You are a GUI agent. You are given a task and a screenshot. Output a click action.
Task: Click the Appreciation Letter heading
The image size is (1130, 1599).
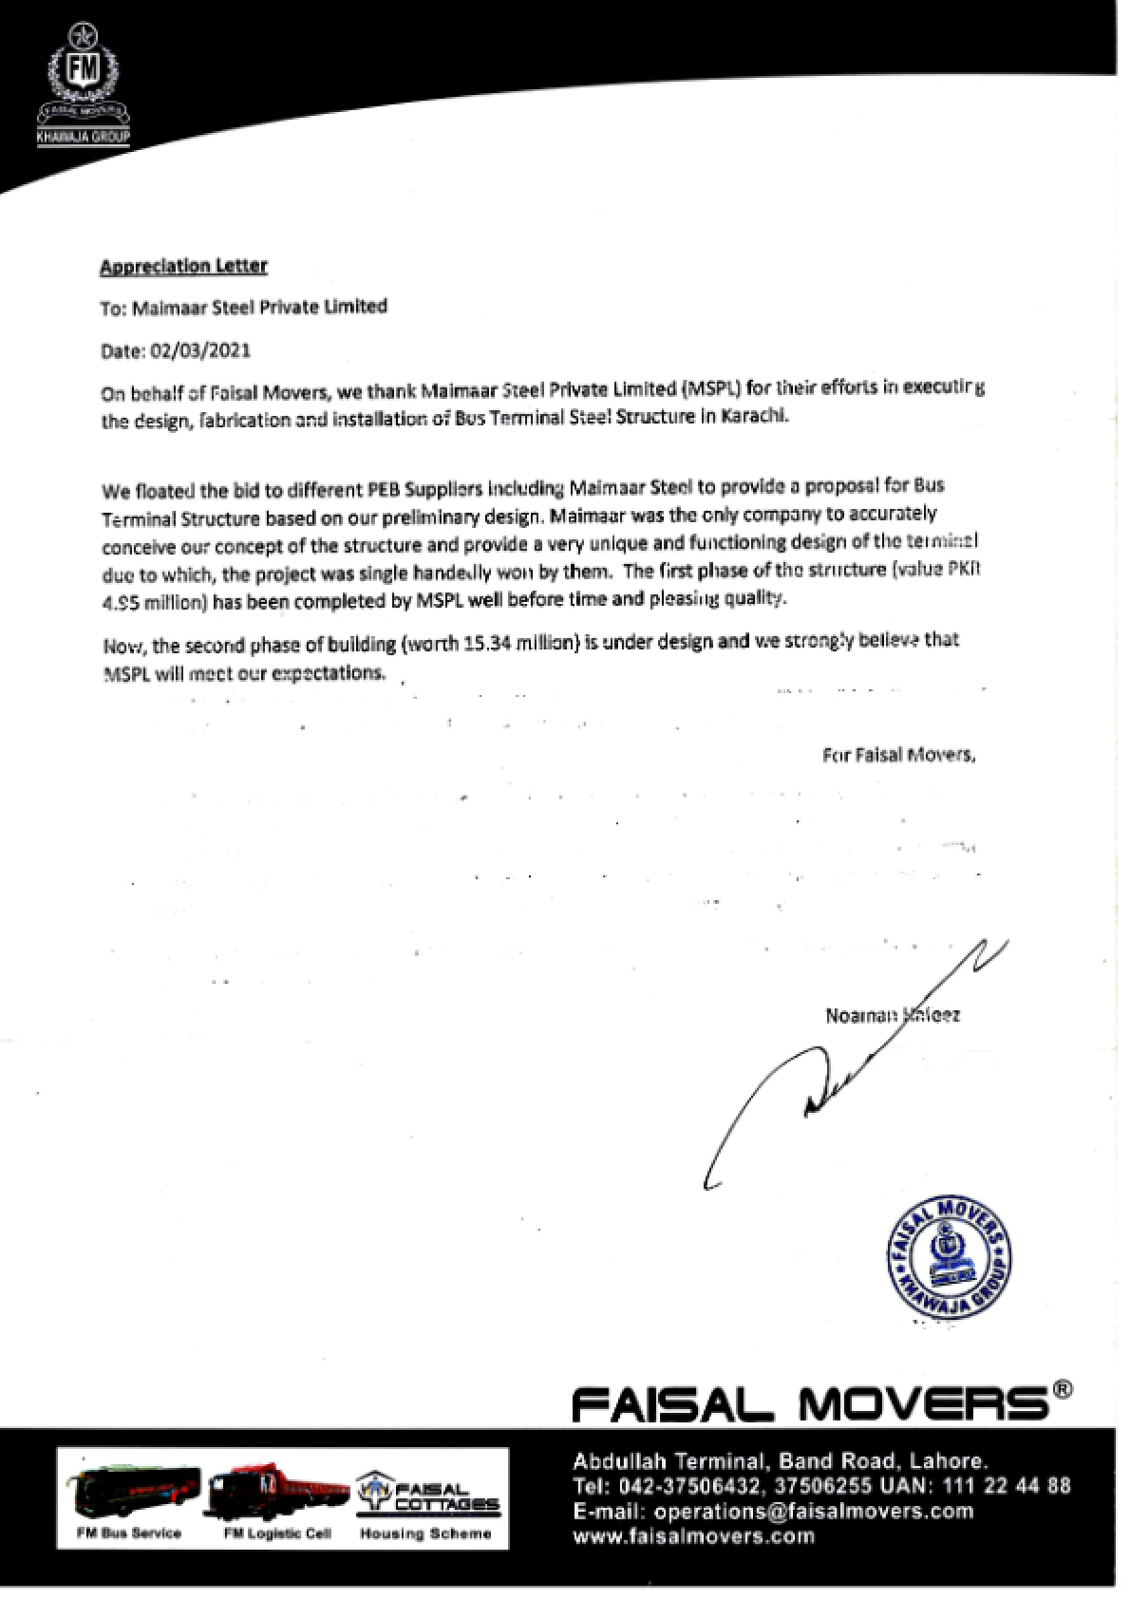pos(183,266)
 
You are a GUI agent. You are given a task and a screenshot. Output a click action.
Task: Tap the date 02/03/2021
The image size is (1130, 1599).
pos(199,350)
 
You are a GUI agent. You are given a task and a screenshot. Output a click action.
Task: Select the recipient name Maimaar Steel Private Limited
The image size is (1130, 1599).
pos(259,307)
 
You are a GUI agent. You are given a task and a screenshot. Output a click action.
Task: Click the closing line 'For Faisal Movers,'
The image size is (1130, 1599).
pos(898,756)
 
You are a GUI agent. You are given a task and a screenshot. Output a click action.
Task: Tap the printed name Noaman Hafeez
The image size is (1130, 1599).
pos(892,1015)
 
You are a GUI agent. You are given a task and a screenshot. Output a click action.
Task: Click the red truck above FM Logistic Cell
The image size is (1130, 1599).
pos(277,1494)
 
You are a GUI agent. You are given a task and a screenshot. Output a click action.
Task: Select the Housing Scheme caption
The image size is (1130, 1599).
pos(425,1533)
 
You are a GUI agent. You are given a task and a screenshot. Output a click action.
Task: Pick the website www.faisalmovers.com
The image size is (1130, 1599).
pos(693,1536)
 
